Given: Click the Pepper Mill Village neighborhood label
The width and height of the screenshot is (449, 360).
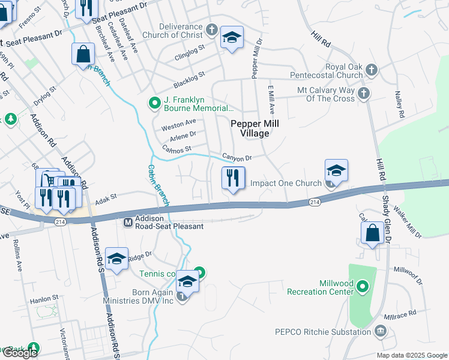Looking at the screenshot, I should [251, 128].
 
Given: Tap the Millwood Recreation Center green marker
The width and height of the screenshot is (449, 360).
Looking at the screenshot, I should [362, 287].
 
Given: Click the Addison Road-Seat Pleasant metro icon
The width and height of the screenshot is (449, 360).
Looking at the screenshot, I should [128, 223].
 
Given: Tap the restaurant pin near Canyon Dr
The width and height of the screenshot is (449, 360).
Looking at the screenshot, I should [232, 178].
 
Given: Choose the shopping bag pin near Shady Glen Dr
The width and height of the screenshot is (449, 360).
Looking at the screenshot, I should [373, 233].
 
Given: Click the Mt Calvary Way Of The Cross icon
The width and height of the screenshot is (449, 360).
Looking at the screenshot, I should [363, 93].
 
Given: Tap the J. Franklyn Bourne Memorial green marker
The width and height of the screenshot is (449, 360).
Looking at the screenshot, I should [154, 103].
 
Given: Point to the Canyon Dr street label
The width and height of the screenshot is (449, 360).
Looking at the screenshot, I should [236, 158].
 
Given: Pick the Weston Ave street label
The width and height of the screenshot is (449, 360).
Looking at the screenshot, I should [179, 124].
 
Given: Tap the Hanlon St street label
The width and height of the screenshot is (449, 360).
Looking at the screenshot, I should [46, 297].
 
